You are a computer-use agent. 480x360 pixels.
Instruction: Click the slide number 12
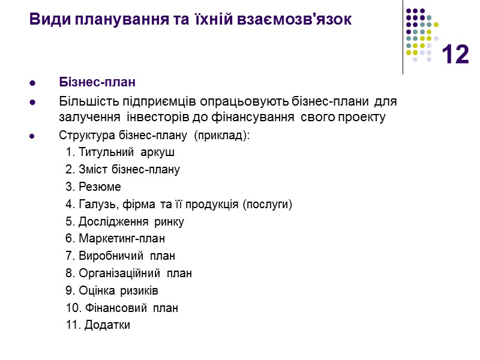click(x=455, y=55)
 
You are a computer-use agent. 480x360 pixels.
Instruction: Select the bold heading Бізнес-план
click(x=97, y=82)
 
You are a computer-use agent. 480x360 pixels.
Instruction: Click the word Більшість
click(x=85, y=100)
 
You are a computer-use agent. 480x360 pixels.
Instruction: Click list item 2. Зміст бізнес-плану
click(x=122, y=170)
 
